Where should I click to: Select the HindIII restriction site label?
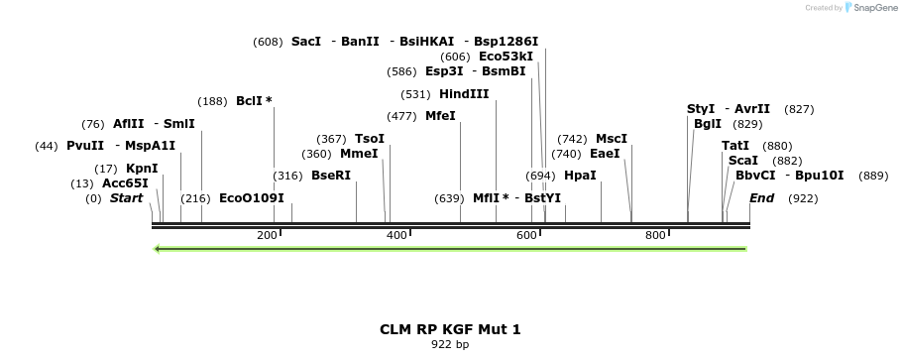(x=464, y=94)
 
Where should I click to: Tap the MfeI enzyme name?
(x=440, y=116)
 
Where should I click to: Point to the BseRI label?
(x=331, y=176)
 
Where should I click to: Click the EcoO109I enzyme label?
(x=252, y=198)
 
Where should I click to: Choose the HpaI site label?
(x=580, y=176)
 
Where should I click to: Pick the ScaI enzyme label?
(x=743, y=161)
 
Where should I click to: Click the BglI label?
(x=708, y=124)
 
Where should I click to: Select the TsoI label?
(x=370, y=139)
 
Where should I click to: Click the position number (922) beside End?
(x=803, y=198)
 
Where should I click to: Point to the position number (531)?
(x=415, y=94)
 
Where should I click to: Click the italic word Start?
(x=126, y=198)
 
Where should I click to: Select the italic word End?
(x=761, y=198)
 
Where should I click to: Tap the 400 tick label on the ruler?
(x=396, y=236)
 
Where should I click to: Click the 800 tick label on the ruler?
(x=655, y=236)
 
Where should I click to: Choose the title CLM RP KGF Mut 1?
(x=450, y=329)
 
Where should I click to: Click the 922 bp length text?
(x=450, y=345)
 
